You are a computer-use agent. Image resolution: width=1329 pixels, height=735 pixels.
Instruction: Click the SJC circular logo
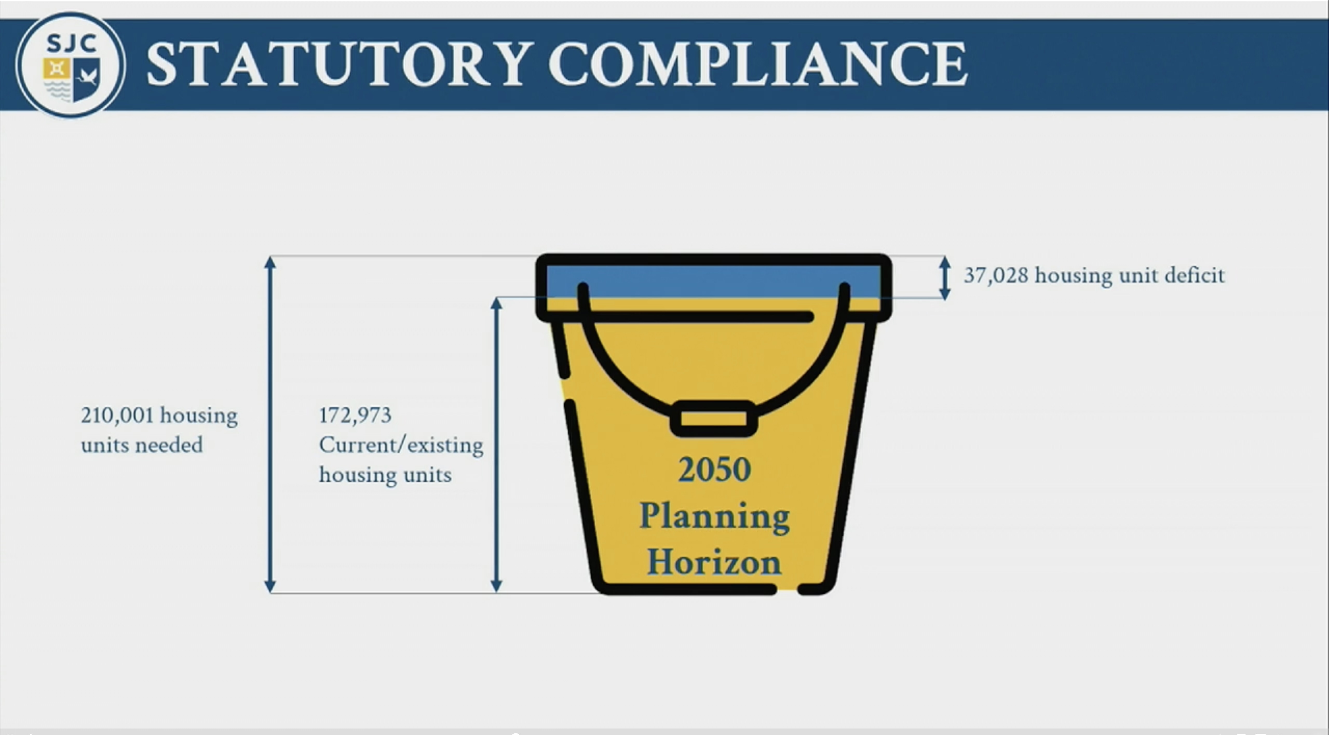70,65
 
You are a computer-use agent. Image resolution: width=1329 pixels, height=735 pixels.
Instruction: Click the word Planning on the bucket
715,517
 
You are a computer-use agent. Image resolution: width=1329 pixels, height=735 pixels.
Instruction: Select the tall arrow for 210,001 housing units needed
270,424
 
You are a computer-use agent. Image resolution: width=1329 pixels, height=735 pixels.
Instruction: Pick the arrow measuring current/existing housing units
496,445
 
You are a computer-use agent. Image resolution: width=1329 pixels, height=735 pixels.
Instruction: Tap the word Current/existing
401,445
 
